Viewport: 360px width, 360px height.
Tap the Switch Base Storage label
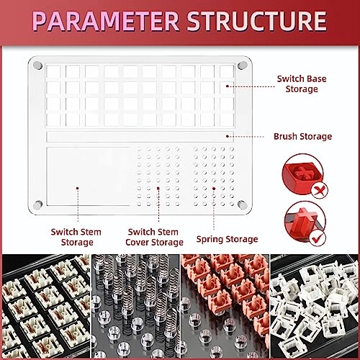tap(302, 84)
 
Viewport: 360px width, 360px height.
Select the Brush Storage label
tap(303, 136)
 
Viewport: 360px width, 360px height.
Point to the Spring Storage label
tap(227, 239)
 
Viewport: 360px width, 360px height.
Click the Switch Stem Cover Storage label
tap(154, 237)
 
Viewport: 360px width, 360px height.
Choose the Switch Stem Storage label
tap(76, 237)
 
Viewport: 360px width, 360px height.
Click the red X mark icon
tap(320, 191)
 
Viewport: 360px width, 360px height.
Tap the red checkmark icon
tap(318, 238)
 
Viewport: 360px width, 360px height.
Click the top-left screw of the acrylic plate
tap(37, 65)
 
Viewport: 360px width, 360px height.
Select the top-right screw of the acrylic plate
tap(243, 65)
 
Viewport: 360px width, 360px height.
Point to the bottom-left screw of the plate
tap(37, 204)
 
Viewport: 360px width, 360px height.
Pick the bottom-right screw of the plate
tap(243, 204)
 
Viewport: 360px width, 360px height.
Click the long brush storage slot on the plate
tap(140, 136)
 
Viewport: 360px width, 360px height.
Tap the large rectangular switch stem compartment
tap(89, 176)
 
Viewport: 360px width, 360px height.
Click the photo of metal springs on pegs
tap(135, 307)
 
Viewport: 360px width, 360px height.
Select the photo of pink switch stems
tap(225, 307)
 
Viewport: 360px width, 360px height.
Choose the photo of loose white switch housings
tap(315, 307)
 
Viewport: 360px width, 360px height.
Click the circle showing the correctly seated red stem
tap(305, 223)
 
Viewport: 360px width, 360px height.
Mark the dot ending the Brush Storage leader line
tap(227, 136)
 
